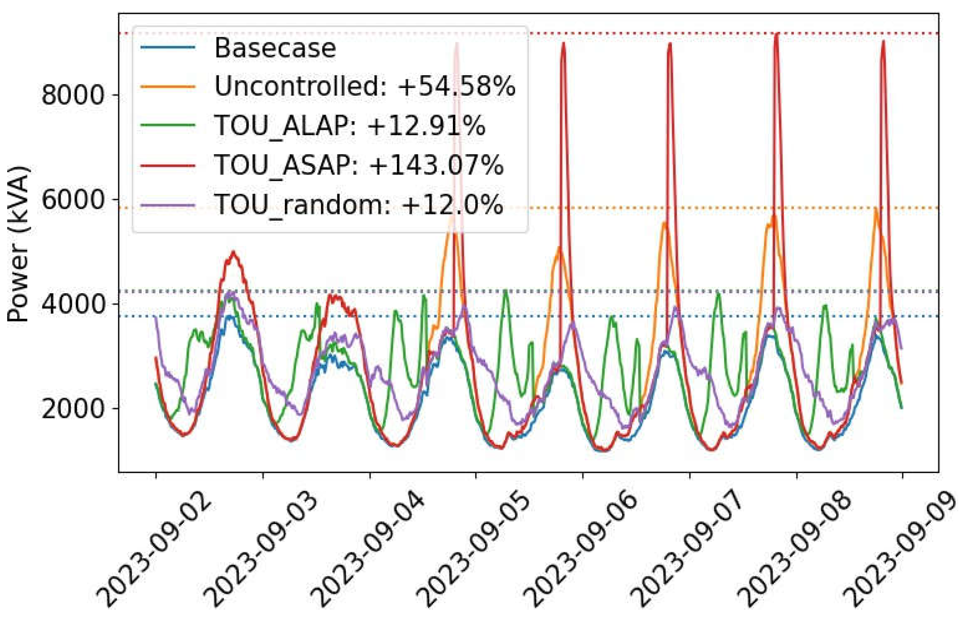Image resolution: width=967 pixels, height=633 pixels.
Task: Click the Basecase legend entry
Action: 275,48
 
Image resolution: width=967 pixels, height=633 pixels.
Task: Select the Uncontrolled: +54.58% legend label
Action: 364,86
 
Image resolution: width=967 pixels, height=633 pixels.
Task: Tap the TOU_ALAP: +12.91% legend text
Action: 349,126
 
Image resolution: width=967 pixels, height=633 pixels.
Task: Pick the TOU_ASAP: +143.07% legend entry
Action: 358,165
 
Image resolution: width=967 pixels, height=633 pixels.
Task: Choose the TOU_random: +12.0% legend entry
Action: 358,205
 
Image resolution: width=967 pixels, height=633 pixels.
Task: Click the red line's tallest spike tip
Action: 777,34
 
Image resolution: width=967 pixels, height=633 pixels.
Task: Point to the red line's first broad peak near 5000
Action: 233,252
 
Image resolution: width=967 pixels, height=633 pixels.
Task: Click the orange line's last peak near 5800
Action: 876,209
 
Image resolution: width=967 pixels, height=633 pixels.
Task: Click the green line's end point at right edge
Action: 901,408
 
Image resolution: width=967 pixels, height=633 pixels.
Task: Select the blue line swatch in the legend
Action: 168,48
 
